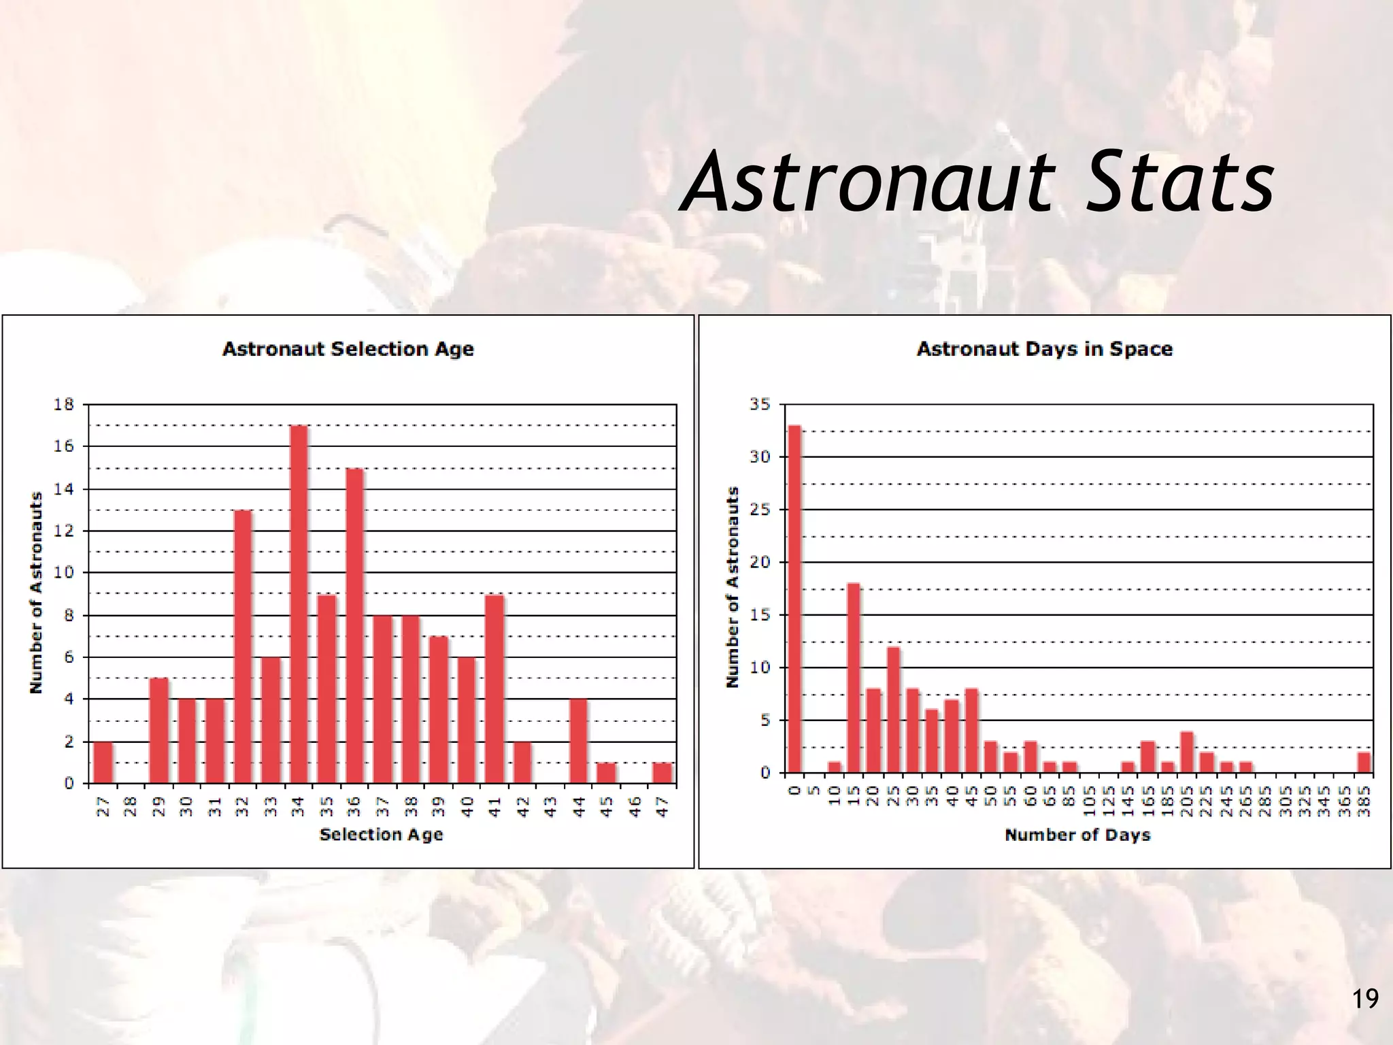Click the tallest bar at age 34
tap(299, 604)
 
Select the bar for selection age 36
tap(354, 626)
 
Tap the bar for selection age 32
tap(243, 646)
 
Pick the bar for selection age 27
tap(103, 762)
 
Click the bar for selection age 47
tap(662, 773)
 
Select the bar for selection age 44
tap(578, 741)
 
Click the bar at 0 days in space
tap(794, 599)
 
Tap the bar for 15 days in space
tap(854, 678)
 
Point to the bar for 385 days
tap(1364, 763)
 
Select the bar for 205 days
tap(1187, 752)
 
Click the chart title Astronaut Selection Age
tap(348, 349)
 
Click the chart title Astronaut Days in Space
tap(1044, 349)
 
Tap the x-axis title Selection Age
tap(381, 834)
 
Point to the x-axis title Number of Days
tap(1077, 835)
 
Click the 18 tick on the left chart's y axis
tap(63, 405)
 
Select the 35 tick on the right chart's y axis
tap(760, 405)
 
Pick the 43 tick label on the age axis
tap(551, 807)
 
